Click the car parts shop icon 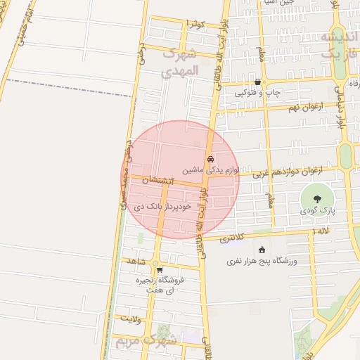[x=210, y=159]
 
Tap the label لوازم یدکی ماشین [x=211, y=170]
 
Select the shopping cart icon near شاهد [x=160, y=269]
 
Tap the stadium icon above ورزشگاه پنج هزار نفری [x=262, y=250]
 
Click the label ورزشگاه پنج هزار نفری [x=262, y=261]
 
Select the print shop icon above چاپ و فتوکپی [x=257, y=82]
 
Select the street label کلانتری [x=233, y=239]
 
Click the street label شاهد [x=136, y=261]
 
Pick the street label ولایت [x=131, y=319]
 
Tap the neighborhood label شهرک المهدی [x=181, y=62]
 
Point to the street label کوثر [x=196, y=25]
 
